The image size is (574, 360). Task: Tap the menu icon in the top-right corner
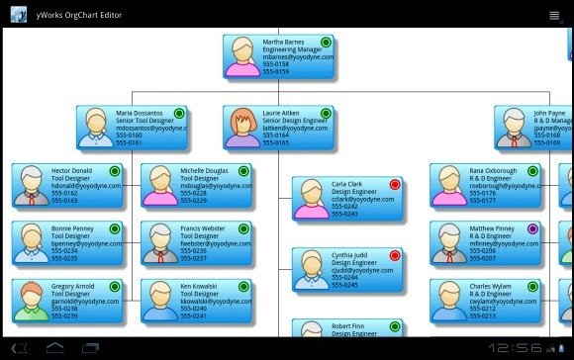pos(553,14)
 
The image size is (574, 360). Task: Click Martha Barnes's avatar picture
pos(242,56)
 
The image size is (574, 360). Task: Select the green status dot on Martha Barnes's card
pos(327,42)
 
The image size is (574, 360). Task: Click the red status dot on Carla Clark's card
pos(395,184)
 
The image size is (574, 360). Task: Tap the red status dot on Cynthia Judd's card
pos(395,255)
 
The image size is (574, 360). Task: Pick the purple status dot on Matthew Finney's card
pos(532,228)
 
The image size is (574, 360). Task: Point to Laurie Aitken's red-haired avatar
pos(242,127)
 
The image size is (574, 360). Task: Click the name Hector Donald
pos(71,171)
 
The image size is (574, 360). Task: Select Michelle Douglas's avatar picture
pos(160,184)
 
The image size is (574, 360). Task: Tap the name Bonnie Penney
pos(72,228)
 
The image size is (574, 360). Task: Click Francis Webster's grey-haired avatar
pos(160,241)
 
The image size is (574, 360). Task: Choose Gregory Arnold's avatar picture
pos(33,299)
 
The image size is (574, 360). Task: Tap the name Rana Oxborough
pos(492,171)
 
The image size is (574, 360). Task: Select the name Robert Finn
pos(350,325)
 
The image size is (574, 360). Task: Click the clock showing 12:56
pos(514,348)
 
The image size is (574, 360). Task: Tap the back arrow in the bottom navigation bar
pos(19,348)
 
